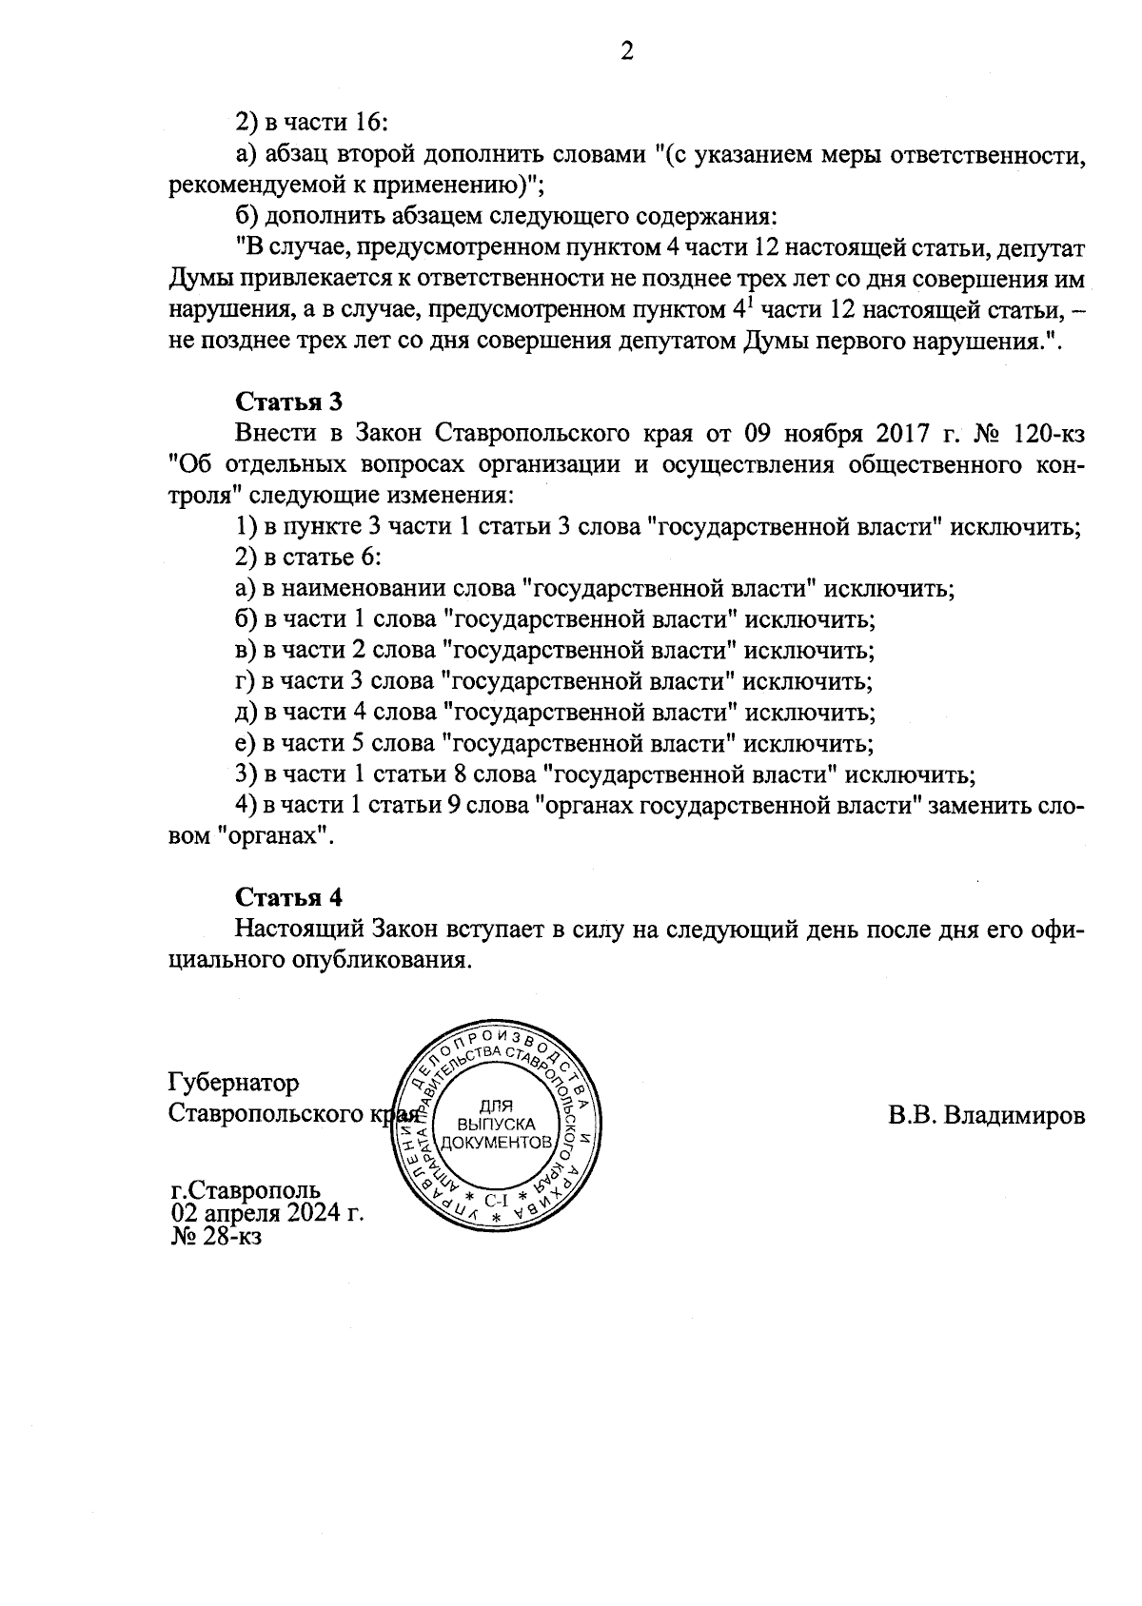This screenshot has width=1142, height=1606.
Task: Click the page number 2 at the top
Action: pyautogui.click(x=626, y=51)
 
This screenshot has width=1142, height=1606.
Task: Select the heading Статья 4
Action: pyautogui.click(x=287, y=898)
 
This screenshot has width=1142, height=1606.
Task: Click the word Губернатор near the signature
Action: pyautogui.click(x=232, y=1083)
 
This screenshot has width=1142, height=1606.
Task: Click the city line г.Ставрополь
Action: pyautogui.click(x=246, y=1190)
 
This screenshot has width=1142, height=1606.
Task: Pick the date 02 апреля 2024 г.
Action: pyautogui.click(x=266, y=1214)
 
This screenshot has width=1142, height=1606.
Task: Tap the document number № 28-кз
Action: pyautogui.click(x=215, y=1238)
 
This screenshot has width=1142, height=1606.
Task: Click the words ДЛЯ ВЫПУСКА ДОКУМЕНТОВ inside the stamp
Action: pyautogui.click(x=495, y=1124)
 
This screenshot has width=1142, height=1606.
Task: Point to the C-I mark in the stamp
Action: pyautogui.click(x=497, y=1200)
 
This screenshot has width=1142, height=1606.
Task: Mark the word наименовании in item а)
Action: pyautogui.click(x=352, y=589)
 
